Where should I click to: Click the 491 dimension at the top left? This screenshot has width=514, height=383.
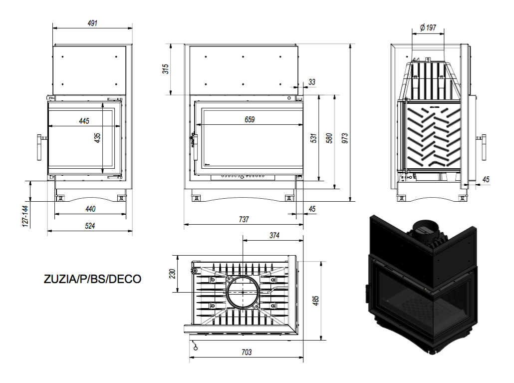coord(92,23)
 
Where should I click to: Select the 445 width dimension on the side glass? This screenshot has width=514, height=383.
coord(84,121)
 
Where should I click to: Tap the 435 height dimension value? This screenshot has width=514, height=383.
coord(97,138)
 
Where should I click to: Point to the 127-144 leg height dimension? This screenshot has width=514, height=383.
coord(25,216)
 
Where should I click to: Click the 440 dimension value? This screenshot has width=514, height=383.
coord(90,209)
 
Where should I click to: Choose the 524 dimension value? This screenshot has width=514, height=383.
coord(90,226)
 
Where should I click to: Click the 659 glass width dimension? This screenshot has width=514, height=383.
coord(250,120)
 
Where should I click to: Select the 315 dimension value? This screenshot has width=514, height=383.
coord(166,69)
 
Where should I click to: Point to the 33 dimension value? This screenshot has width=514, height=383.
coord(312,82)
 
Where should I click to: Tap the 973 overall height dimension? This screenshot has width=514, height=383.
coord(344,138)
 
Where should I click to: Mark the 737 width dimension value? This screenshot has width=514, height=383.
coord(244,219)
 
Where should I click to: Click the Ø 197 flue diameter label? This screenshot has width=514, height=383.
coord(428,27)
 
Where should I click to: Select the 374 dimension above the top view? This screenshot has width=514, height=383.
coord(274,235)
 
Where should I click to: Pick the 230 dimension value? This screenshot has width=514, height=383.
coord(173,274)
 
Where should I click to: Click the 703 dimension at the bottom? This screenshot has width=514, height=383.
coord(247,352)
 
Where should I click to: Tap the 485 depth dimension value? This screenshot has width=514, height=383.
coord(316,301)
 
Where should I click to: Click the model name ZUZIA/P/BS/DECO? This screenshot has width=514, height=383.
coord(92,279)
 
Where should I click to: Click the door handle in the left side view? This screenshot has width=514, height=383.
coord(40,147)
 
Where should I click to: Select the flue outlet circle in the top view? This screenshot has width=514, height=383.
coord(243,277)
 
